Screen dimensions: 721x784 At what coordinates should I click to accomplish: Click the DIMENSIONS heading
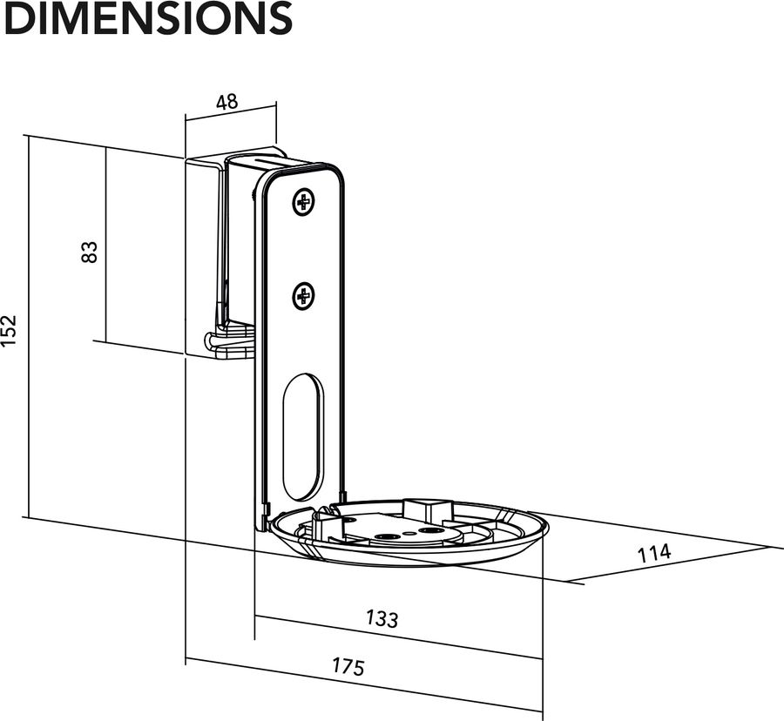tap(146, 18)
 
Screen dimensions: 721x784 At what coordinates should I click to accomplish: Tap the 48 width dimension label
tap(226, 101)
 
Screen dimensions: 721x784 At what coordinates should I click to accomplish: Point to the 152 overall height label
tap(9, 332)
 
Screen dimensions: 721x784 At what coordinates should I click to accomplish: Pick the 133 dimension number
tap(382, 618)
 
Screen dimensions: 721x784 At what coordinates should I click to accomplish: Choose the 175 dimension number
tap(348, 666)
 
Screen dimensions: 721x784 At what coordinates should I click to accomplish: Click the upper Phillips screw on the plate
tap(303, 204)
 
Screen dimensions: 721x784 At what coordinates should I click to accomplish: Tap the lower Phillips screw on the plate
tap(303, 297)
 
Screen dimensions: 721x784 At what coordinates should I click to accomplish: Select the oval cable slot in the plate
tap(302, 436)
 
